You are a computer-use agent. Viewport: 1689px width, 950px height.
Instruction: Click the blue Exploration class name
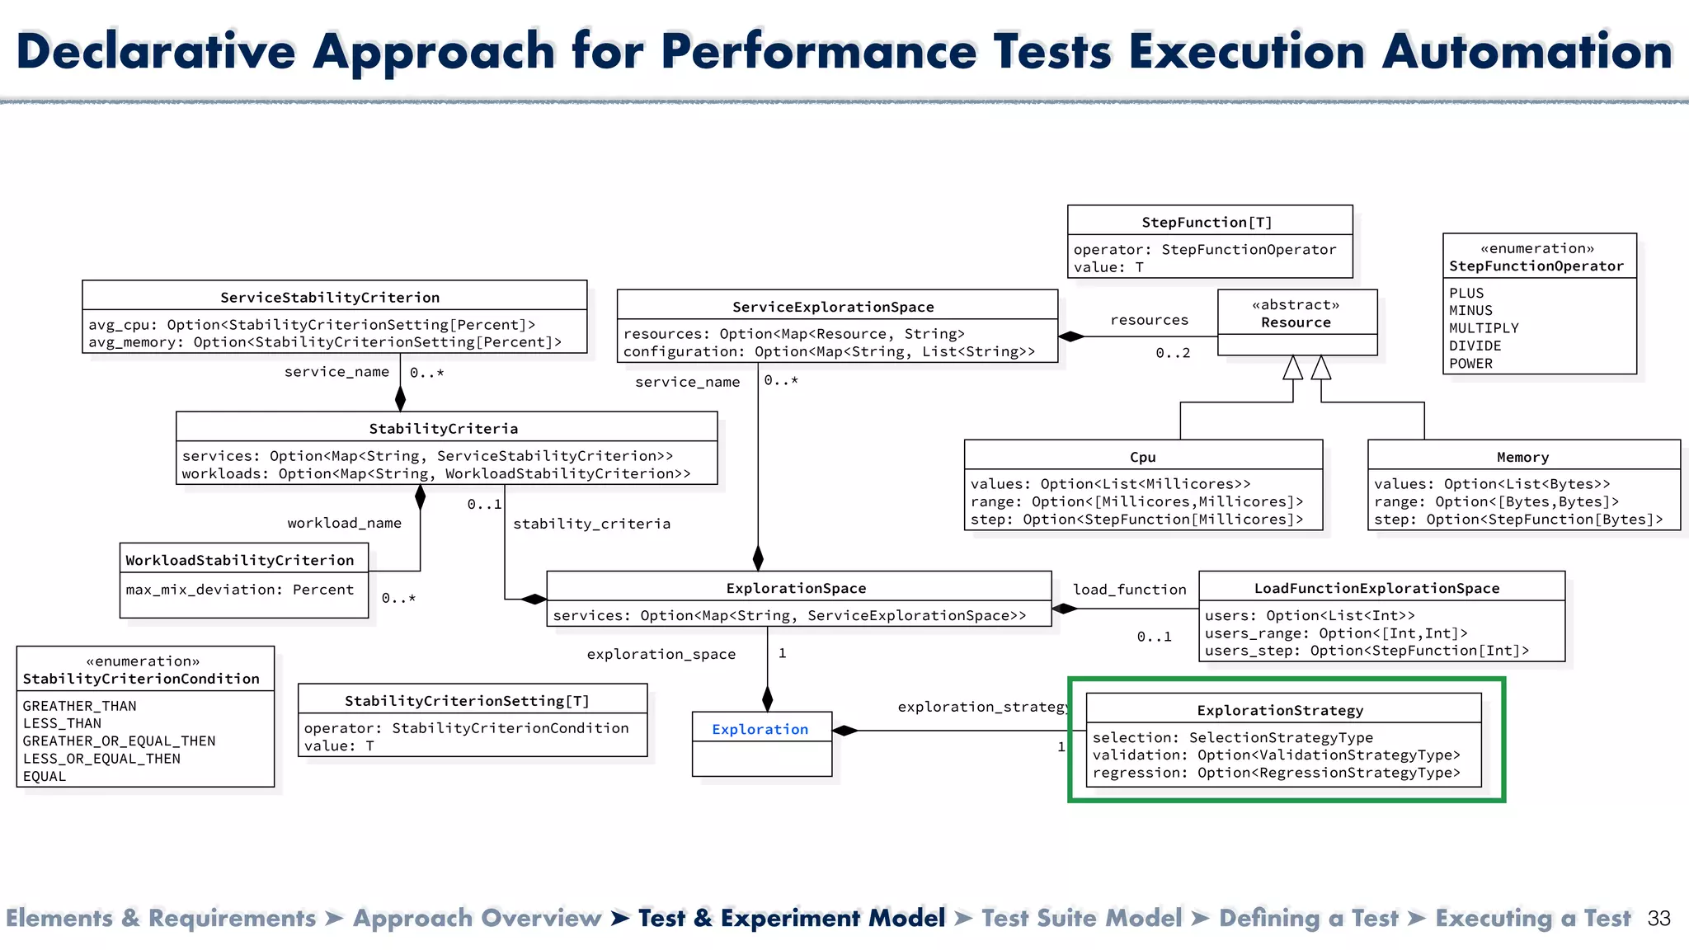click(760, 729)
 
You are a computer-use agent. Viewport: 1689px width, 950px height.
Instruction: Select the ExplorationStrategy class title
click(1280, 710)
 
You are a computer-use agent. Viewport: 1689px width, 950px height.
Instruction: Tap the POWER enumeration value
click(1470, 364)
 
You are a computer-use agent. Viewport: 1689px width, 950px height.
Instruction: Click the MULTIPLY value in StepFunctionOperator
click(1484, 328)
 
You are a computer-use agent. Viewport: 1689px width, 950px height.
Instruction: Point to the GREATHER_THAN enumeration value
click(79, 706)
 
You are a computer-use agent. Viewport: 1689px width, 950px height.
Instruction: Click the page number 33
click(1658, 919)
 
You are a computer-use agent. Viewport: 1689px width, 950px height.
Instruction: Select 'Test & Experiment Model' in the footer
click(791, 919)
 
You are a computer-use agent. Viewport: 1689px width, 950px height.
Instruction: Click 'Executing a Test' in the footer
click(1532, 919)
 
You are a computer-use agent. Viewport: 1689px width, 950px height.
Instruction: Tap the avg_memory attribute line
click(325, 342)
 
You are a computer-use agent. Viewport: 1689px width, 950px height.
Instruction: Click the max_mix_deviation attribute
click(239, 590)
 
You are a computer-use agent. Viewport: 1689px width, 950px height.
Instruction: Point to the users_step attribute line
click(1367, 651)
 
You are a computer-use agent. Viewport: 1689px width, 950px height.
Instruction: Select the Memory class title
click(1522, 457)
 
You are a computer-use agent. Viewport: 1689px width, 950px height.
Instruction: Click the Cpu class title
click(1142, 457)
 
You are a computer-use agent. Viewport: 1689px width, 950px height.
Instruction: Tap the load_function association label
click(1129, 590)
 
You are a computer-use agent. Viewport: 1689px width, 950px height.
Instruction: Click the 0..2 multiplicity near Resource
click(1173, 353)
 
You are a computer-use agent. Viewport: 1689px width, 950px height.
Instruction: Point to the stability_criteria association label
click(591, 524)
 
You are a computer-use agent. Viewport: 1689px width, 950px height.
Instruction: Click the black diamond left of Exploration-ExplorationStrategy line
click(845, 731)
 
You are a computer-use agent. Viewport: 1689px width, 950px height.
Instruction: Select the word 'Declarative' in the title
click(156, 51)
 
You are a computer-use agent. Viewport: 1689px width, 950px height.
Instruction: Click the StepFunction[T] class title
click(1207, 223)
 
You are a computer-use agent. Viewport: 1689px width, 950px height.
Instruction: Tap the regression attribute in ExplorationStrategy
click(1276, 773)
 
